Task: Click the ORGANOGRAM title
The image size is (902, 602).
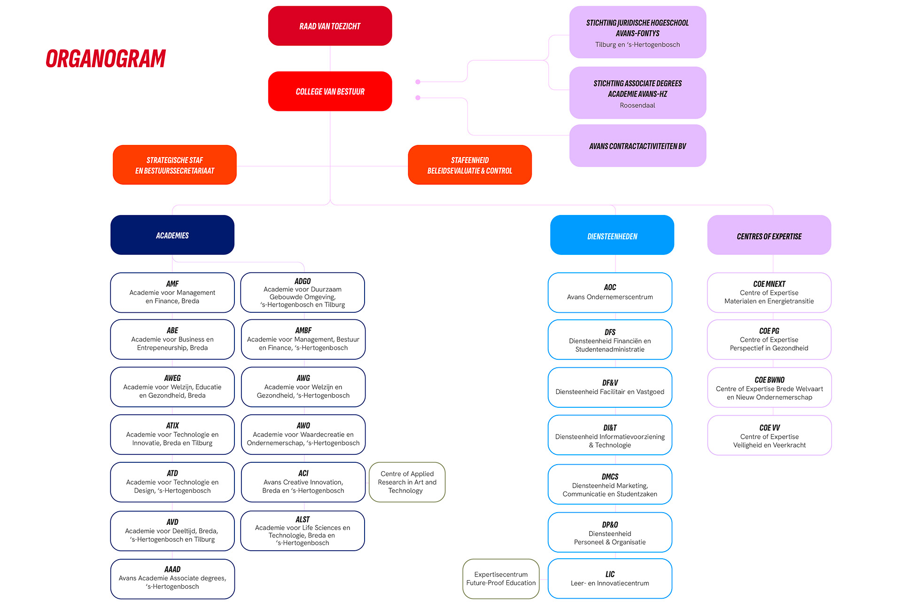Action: tap(106, 59)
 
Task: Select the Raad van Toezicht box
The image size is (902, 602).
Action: tap(330, 26)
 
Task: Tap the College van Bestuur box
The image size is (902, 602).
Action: tap(330, 91)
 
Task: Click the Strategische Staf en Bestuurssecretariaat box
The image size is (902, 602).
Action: tap(175, 165)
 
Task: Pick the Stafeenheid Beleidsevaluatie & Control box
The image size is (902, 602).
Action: tap(470, 165)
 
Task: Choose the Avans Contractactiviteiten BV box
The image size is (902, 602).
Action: tap(638, 146)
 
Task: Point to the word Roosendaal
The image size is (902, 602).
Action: tap(638, 105)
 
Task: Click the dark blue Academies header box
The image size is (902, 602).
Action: tap(172, 235)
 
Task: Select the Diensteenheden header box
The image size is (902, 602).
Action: tap(612, 235)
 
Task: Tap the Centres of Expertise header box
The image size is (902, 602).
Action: tap(769, 235)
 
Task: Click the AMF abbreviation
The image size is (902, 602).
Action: tap(172, 284)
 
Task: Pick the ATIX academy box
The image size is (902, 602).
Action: tap(172, 435)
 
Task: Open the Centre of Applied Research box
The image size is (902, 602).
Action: tap(407, 482)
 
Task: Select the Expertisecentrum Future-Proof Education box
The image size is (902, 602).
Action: tap(501, 578)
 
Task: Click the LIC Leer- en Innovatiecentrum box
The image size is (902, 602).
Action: tap(610, 578)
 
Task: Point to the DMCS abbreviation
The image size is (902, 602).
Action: tap(610, 476)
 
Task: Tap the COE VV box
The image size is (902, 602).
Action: tap(770, 436)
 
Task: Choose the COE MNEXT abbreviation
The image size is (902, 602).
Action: tap(769, 284)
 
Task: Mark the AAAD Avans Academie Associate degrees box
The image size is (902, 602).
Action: tap(172, 579)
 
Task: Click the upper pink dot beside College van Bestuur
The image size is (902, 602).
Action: tap(418, 82)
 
